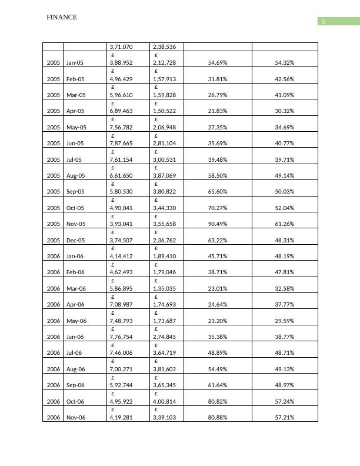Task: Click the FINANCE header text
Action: (62, 18)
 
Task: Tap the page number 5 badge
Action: (323, 22)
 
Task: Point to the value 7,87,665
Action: (121, 143)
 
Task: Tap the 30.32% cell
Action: (285, 111)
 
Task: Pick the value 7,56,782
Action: (121, 127)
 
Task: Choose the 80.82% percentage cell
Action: (218, 401)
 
